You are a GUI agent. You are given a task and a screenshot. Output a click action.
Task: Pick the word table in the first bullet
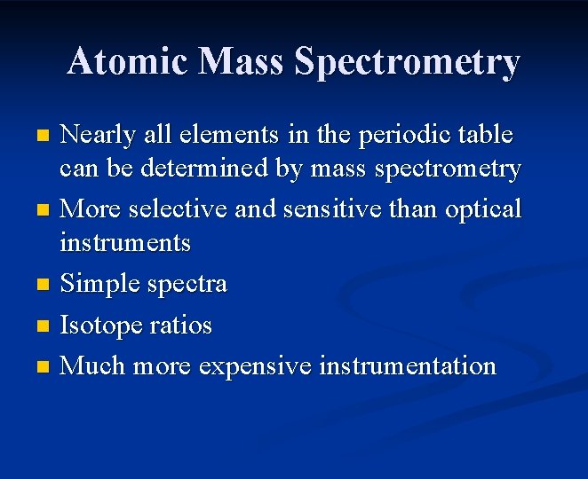pos(487,135)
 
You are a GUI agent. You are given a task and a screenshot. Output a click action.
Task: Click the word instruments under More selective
pos(124,242)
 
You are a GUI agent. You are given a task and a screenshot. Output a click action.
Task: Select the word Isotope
pos(99,326)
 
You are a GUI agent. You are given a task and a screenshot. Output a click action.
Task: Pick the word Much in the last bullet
pos(92,365)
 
